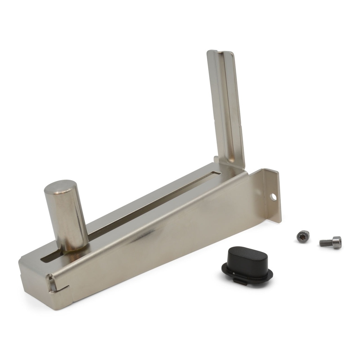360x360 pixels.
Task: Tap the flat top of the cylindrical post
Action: tap(61, 187)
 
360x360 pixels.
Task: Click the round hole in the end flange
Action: tap(273, 196)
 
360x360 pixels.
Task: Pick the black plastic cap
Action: tap(247, 264)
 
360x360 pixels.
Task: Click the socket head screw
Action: tap(331, 242)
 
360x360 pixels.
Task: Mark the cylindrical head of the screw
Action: tap(337, 242)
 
